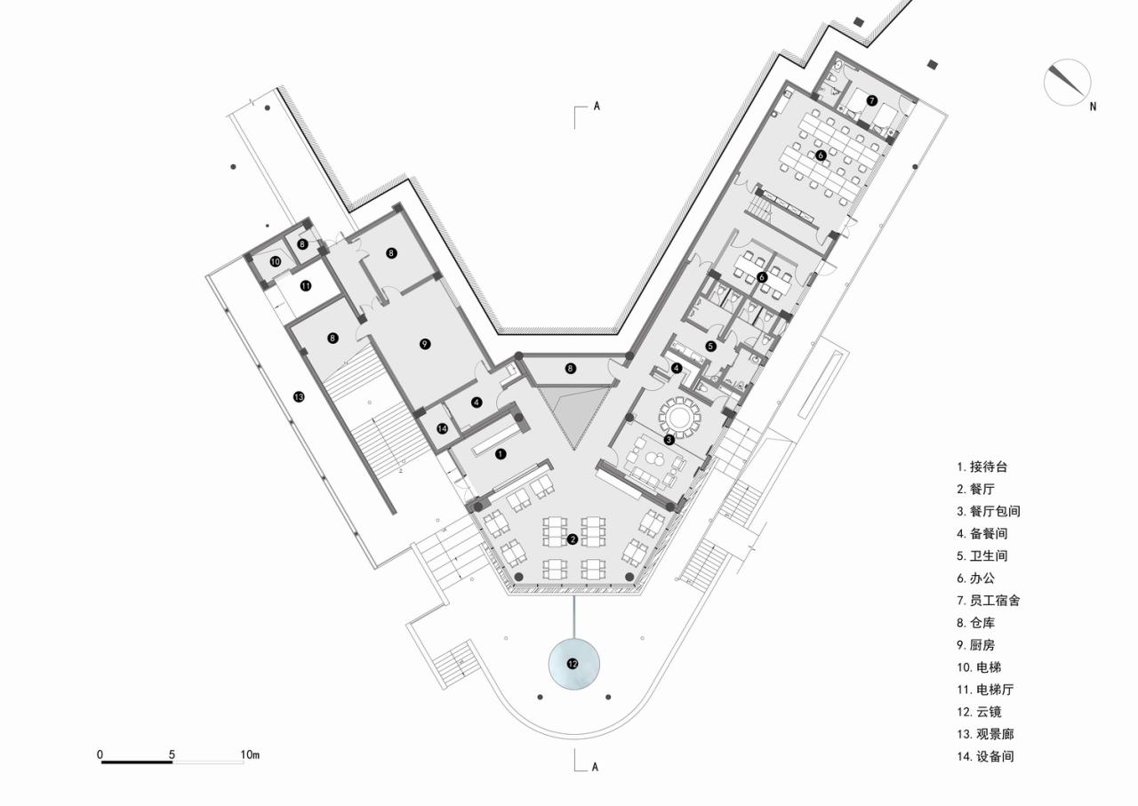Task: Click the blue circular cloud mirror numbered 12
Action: click(573, 663)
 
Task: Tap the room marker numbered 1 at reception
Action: click(501, 453)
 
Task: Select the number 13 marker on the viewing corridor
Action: click(299, 397)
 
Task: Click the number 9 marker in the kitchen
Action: click(425, 344)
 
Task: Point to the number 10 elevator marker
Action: click(276, 261)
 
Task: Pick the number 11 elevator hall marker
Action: click(305, 286)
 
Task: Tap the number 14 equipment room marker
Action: click(442, 428)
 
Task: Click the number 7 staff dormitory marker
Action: click(872, 100)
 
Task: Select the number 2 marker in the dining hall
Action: click(573, 539)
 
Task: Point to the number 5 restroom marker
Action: click(710, 346)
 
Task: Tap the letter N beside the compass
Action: click(1093, 107)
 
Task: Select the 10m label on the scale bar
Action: click(250, 755)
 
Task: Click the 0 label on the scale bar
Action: click(100, 755)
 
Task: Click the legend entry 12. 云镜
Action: click(981, 712)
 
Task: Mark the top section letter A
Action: click(597, 106)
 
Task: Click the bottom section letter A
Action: click(596, 767)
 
